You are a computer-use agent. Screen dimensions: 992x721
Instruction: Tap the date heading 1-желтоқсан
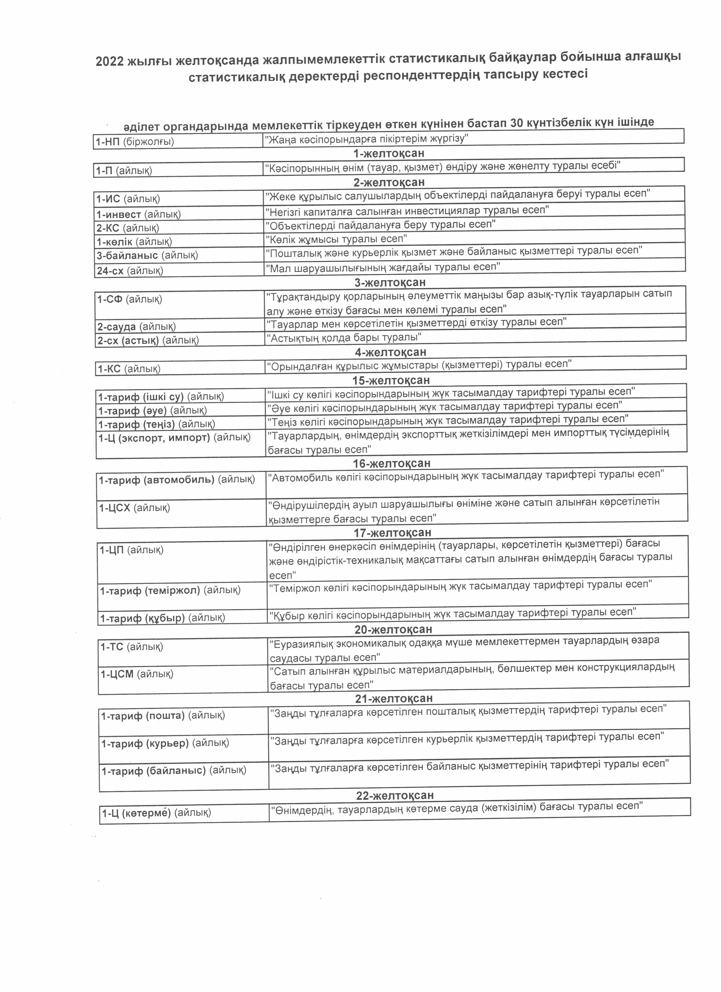click(389, 154)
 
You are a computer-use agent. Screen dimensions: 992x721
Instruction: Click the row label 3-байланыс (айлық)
click(147, 255)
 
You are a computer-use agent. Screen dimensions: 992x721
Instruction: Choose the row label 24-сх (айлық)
click(130, 271)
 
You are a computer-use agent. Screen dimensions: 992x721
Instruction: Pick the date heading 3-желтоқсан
click(390, 282)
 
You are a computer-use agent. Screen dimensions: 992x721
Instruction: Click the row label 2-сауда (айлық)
click(136, 327)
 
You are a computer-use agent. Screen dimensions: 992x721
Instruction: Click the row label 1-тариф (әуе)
click(152, 410)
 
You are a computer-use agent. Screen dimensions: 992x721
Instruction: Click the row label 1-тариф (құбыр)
click(162, 618)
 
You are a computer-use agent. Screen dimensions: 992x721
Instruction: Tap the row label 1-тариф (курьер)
click(165, 743)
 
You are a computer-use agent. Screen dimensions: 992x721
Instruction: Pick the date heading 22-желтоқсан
click(395, 795)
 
